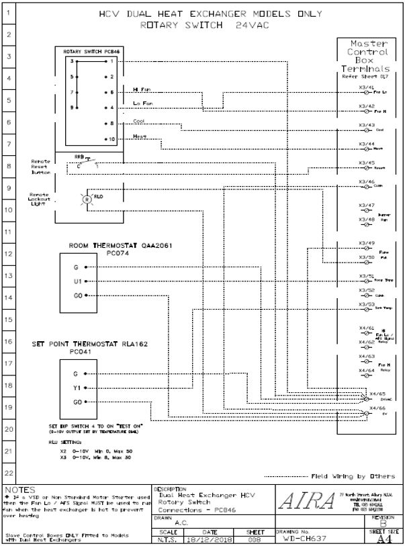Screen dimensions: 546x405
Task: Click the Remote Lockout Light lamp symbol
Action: coord(85,199)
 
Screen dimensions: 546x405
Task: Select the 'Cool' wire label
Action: coord(139,122)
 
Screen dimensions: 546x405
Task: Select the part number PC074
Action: coord(121,254)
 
